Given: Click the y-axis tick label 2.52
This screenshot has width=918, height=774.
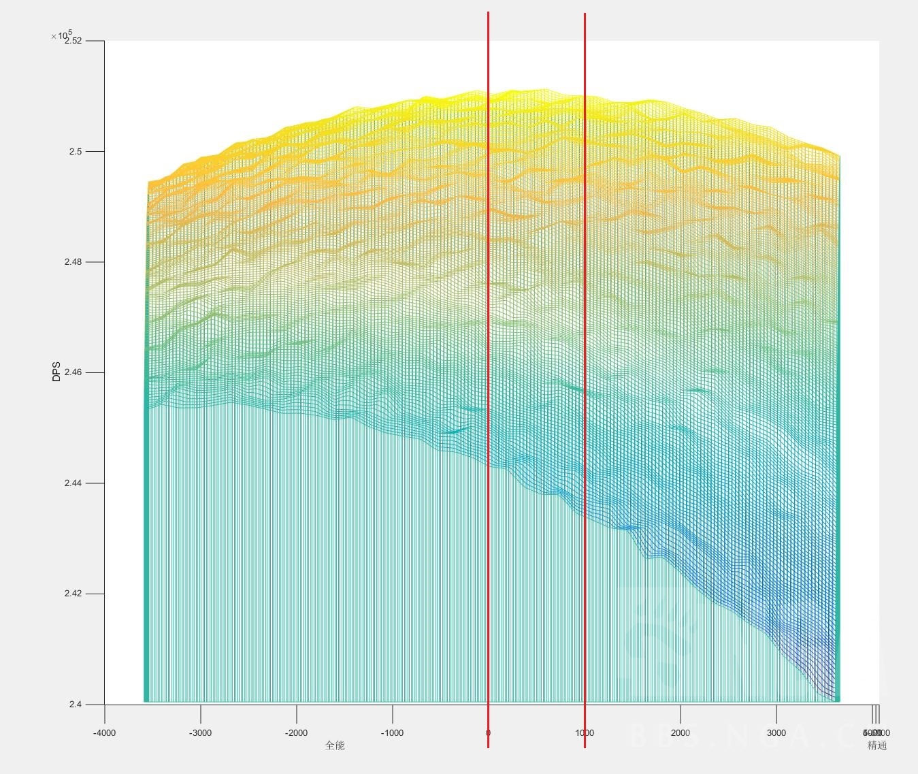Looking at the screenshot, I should [x=73, y=41].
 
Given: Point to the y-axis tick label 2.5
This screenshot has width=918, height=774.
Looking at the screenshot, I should [x=75, y=152].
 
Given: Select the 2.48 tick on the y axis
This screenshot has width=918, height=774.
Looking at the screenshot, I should [x=73, y=262].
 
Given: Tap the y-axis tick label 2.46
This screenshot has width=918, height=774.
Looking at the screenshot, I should [x=73, y=373].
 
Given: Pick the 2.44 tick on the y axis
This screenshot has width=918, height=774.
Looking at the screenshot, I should [x=73, y=483].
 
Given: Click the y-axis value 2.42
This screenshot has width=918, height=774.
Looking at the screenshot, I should [x=73, y=594].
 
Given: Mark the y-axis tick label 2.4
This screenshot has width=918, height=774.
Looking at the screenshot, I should [x=75, y=705].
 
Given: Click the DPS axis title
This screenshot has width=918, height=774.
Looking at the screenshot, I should [x=56, y=371].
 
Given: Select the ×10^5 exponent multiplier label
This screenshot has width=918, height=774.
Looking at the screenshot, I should [x=61, y=35].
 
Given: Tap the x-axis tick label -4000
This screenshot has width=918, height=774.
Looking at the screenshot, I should [x=104, y=733].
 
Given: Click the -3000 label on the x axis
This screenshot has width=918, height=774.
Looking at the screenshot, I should [x=200, y=733].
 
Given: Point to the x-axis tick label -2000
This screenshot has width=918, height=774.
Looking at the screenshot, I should [x=296, y=733].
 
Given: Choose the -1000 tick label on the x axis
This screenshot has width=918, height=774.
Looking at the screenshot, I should [x=392, y=733].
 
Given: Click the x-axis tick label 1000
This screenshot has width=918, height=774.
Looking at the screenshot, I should [x=585, y=733].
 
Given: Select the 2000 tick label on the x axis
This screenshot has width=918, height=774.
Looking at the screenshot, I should [x=681, y=733].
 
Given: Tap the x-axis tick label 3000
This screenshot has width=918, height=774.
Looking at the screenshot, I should [x=776, y=733].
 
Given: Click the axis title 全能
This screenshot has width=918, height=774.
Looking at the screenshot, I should [x=335, y=745].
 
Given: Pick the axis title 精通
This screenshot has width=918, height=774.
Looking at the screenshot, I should [x=877, y=745].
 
